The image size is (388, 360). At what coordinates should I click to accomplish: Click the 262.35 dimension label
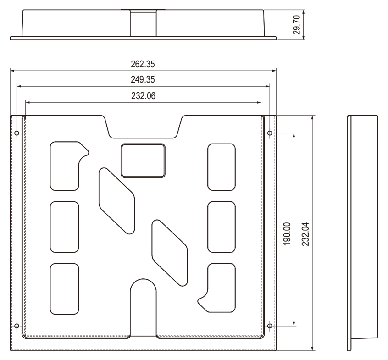pos(143,64)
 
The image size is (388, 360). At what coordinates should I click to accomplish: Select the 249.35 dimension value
pos(143,79)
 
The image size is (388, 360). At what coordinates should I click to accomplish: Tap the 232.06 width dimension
pos(143,96)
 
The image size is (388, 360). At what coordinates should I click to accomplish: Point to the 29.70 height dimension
pos(296,24)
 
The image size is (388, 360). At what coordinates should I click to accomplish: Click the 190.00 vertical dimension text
pos(287,234)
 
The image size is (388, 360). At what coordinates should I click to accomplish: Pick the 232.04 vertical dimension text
pos(305,234)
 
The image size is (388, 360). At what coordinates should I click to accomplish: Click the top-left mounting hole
pos(17,133)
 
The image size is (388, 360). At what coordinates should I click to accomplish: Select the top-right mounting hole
pos(270,133)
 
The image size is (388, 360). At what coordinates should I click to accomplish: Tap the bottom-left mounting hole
pos(17,326)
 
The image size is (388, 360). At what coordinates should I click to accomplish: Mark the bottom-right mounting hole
pos(270,326)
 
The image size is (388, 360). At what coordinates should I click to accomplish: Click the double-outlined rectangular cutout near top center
pos(143,161)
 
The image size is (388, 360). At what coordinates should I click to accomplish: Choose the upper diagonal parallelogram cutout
pos(117,201)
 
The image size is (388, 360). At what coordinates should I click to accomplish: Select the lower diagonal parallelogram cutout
pos(170,253)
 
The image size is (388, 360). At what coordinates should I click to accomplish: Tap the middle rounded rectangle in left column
pos(65,227)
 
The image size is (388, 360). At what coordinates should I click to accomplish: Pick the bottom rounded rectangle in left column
pos(65,289)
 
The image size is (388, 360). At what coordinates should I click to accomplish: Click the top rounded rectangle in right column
pos(222,167)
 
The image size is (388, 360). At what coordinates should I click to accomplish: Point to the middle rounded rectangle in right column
pos(222,227)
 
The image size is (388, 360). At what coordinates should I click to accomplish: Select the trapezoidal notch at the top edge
pos(143,127)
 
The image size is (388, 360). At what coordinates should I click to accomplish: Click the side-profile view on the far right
pos(362,233)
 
